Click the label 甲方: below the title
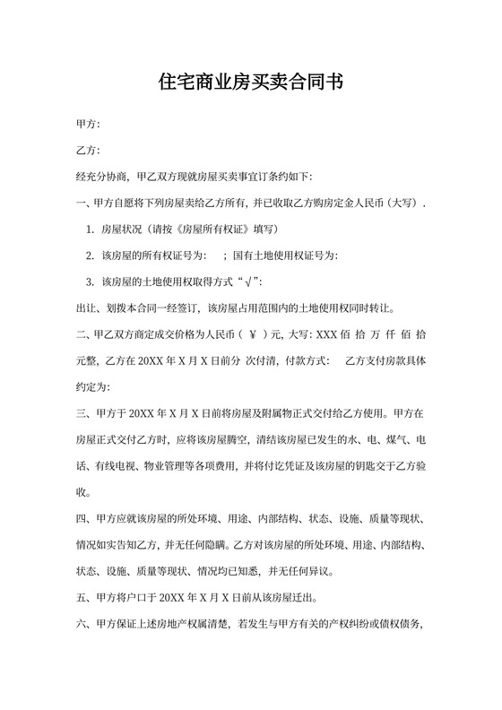(x=88, y=124)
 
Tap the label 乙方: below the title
(x=88, y=150)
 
